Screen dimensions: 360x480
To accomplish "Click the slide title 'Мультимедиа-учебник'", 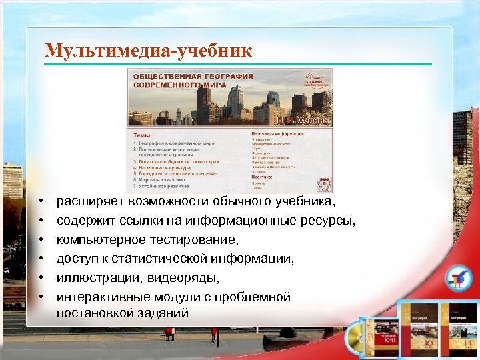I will pyautogui.click(x=148, y=50).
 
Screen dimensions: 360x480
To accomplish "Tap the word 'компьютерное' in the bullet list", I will pyautogui.click(x=100, y=239).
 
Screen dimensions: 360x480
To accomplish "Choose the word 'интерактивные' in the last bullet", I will pyautogui.click(x=102, y=295).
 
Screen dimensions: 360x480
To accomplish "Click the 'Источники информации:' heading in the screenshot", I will pyautogui.click(x=278, y=133).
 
